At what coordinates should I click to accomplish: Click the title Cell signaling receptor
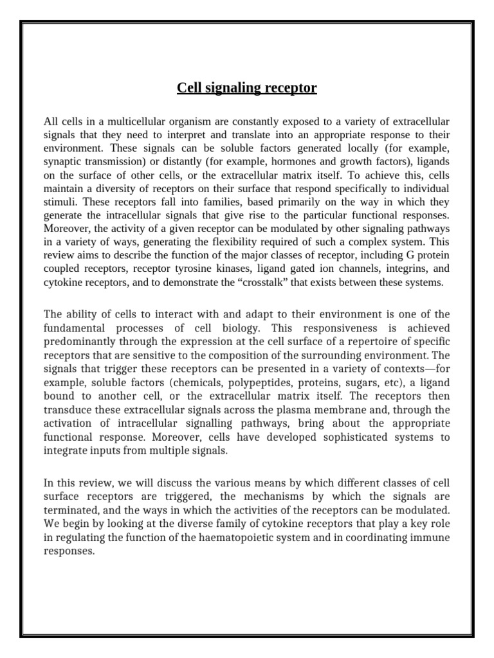coord(247,87)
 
